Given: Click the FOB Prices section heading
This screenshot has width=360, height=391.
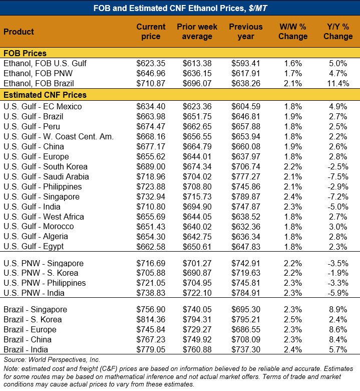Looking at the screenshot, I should pyautogui.click(x=25, y=53).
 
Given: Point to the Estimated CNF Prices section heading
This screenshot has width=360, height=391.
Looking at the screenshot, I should pyautogui.click(x=45, y=95).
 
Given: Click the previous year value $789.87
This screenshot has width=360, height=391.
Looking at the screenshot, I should pyautogui.click(x=246, y=197).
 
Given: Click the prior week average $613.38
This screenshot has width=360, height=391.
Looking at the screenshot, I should pyautogui.click(x=196, y=63).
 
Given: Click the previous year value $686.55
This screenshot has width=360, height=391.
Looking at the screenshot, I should pyautogui.click(x=246, y=329).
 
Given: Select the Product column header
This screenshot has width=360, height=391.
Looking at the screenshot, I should pyautogui.click(x=19, y=32).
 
